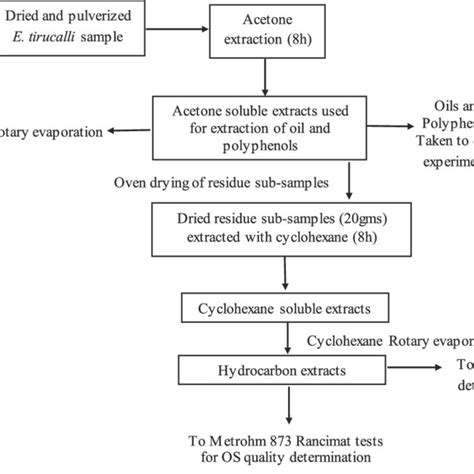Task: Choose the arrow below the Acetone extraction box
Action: tap(263, 74)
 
